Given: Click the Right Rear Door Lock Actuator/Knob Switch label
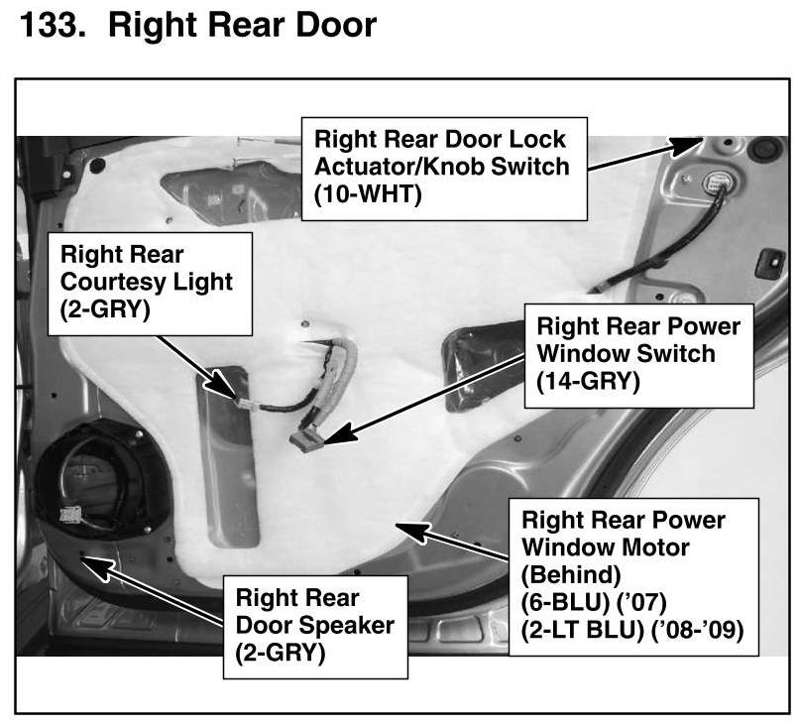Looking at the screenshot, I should pos(441,165).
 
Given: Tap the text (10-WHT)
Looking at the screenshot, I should pos(369,194).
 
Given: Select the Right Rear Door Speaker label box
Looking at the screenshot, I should pos(313,626).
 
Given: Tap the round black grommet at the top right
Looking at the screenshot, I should pos(763,151).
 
